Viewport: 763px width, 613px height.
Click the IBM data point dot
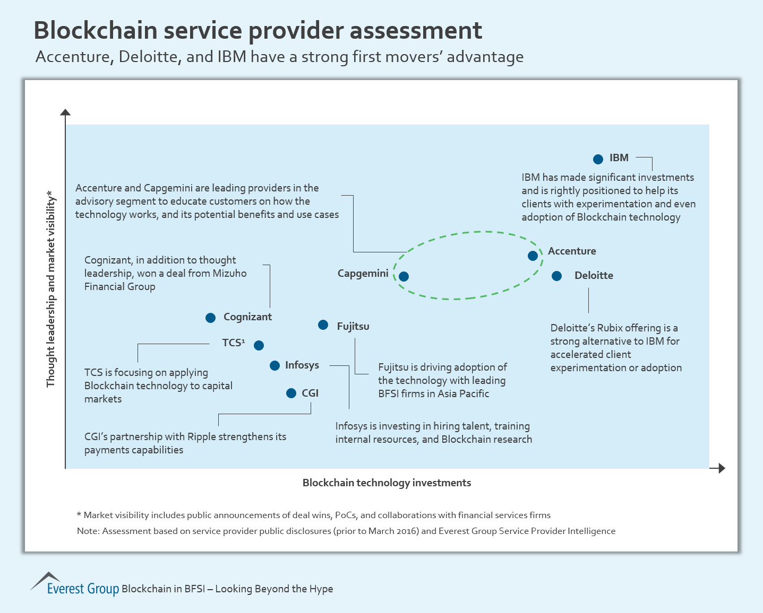pos(598,159)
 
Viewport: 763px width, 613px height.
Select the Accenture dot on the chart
pos(533,256)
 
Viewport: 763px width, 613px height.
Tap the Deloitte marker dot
pos(556,276)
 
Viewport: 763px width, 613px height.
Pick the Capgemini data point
pos(404,276)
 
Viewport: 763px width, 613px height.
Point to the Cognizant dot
pos(210,318)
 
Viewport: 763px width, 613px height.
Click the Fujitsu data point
pos(323,325)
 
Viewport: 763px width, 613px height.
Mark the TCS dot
pos(259,345)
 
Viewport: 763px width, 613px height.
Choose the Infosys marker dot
pos(275,365)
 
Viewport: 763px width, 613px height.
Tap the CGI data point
pos(291,393)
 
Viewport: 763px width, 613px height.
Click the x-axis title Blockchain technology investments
pos(387,483)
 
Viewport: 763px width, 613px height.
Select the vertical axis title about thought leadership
pos(51,289)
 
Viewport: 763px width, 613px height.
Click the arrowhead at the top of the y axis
pos(65,112)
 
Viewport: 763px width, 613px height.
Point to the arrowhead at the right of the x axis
pos(721,468)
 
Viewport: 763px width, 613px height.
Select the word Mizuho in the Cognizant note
pos(229,273)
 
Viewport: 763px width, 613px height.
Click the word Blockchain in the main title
pos(95,30)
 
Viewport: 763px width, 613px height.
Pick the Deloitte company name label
pos(594,275)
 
